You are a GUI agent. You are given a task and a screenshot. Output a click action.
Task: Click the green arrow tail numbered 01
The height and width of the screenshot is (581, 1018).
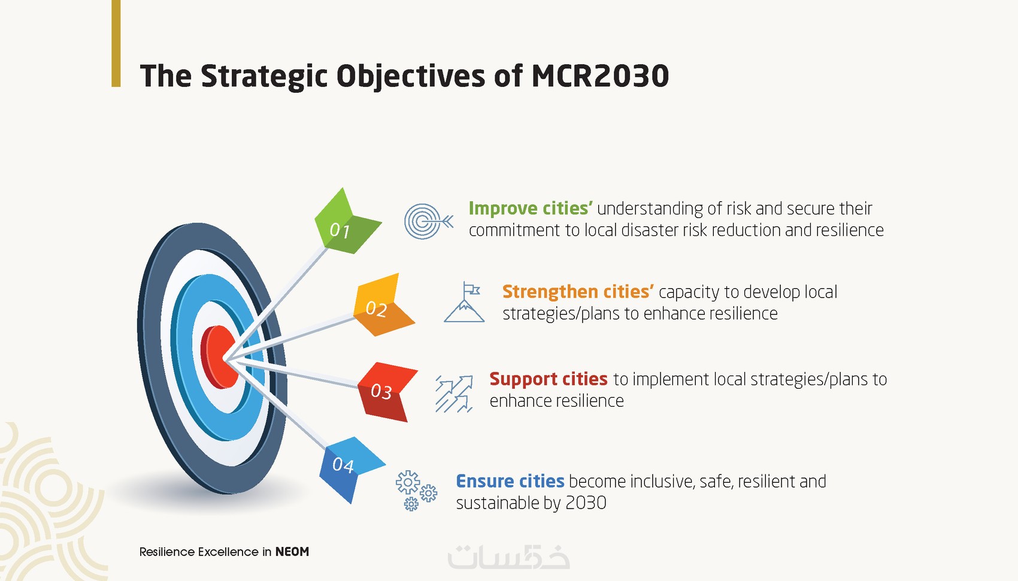(x=346, y=223)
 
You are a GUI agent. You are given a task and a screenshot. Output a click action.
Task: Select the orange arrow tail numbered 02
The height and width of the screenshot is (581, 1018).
(x=383, y=305)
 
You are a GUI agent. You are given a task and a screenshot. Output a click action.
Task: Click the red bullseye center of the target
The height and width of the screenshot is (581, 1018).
(x=219, y=358)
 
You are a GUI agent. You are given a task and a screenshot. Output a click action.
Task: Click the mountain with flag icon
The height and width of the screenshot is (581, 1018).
(x=464, y=302)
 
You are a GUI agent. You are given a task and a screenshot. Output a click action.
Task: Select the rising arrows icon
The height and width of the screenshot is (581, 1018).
(x=454, y=394)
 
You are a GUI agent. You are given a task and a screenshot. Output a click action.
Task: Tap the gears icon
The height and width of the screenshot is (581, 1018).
(x=416, y=491)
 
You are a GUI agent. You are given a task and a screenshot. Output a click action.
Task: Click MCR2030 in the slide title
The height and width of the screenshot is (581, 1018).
(x=600, y=75)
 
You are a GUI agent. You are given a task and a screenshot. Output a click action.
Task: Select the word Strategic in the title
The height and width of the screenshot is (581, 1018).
(x=264, y=77)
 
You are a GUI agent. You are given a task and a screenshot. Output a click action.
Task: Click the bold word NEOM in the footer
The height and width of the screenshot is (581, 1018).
(x=292, y=552)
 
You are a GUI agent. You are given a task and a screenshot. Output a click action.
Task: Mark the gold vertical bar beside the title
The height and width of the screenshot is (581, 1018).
(x=116, y=43)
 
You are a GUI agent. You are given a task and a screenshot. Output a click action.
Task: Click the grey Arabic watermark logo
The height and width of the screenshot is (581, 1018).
(x=508, y=557)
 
